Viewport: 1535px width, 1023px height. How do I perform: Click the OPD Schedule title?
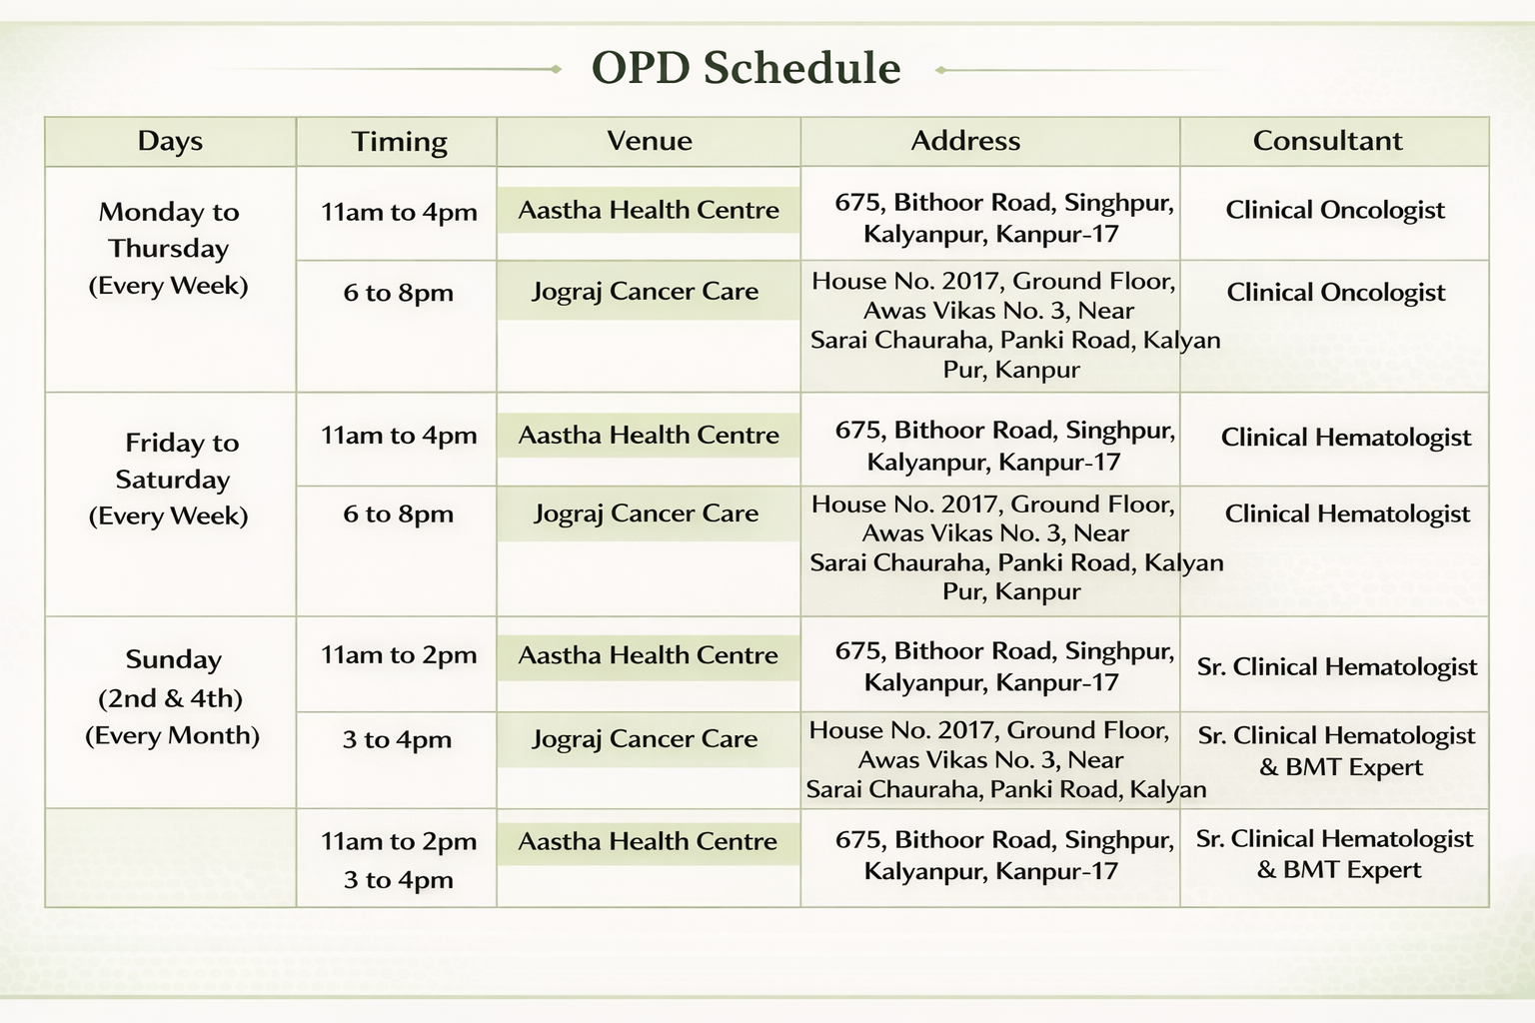746,68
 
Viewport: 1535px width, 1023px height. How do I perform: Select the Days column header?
170,141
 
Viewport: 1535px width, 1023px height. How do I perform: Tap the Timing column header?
399,142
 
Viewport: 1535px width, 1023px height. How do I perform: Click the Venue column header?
649,141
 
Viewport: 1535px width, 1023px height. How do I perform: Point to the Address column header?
964,141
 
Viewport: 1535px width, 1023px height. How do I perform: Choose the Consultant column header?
1327,141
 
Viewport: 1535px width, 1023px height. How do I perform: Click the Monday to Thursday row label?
169,248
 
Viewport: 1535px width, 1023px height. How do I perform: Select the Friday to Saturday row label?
169,479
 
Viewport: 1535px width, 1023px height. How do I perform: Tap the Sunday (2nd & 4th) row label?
172,697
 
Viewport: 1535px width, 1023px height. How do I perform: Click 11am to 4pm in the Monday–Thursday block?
399,213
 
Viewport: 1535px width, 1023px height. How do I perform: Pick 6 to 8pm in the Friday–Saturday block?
398,513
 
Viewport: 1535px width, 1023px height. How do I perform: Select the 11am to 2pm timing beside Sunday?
399,655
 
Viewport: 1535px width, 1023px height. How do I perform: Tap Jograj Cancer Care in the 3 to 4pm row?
645,738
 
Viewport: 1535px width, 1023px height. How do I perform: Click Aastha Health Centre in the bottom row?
648,841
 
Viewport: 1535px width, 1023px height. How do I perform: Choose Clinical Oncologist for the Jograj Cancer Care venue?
1335,293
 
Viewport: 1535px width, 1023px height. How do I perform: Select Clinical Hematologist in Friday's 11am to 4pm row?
1346,438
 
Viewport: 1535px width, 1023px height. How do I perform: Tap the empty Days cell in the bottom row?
171,858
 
